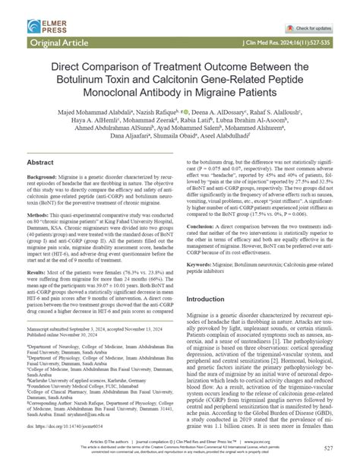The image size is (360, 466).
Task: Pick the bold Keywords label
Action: [x=203, y=261]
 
